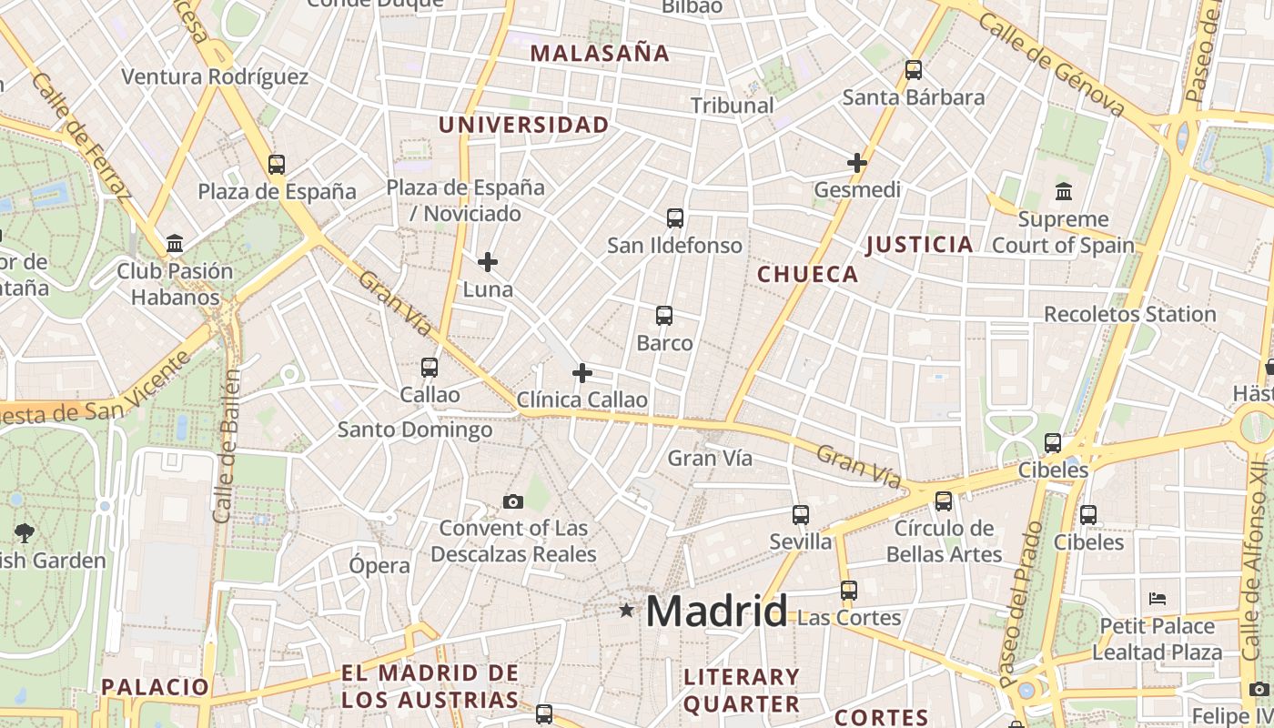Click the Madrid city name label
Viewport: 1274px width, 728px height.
click(716, 612)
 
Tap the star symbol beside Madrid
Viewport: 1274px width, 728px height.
click(626, 610)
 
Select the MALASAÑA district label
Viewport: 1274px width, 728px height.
click(600, 54)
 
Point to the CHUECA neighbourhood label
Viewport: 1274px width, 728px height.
click(808, 275)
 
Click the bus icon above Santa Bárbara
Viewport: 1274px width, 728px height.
click(913, 70)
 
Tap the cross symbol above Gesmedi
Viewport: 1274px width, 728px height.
click(856, 164)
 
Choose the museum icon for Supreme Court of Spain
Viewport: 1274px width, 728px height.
click(1063, 192)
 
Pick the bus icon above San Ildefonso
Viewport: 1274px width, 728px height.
click(674, 218)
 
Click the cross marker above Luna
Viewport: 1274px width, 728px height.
click(488, 263)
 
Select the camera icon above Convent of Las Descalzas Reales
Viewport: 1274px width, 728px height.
click(513, 501)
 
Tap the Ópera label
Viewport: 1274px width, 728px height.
click(379, 566)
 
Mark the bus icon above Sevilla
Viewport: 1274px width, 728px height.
click(801, 515)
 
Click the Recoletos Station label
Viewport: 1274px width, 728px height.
click(1129, 315)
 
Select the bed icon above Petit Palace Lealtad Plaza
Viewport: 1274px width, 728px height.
click(1157, 599)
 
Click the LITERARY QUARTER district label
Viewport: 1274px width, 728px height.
click(741, 690)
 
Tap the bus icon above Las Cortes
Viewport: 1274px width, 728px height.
click(849, 591)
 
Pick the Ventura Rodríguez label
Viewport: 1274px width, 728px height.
click(215, 77)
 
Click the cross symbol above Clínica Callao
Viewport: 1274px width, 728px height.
click(582, 373)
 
